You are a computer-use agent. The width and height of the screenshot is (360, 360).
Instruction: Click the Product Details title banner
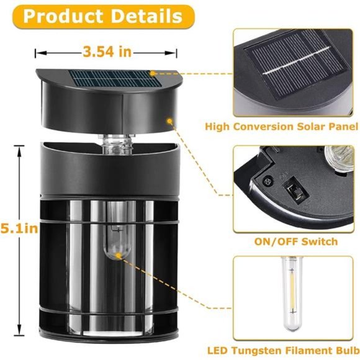point(103,17)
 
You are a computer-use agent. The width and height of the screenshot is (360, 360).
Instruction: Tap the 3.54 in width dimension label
point(107,52)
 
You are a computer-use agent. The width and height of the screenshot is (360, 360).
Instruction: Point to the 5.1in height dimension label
point(19,228)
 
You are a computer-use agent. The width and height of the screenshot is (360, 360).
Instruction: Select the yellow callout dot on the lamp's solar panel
point(153,73)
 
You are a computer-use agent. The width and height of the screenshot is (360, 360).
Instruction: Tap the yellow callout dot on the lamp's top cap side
point(169,121)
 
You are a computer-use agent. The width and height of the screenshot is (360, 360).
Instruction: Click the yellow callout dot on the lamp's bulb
point(118,255)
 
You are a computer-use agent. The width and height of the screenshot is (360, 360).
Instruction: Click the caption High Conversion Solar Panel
point(281,127)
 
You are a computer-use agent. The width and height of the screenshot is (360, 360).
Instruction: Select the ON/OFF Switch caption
point(296,241)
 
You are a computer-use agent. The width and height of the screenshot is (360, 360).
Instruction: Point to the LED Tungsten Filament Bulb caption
point(283,351)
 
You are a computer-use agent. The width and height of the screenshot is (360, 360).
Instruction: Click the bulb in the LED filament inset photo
point(292,294)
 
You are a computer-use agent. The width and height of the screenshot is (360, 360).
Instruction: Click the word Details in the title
point(146,17)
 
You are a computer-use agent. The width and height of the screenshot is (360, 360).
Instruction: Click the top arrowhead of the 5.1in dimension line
point(19,151)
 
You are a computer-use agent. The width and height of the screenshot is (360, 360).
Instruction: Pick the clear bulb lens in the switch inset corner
point(339,158)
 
